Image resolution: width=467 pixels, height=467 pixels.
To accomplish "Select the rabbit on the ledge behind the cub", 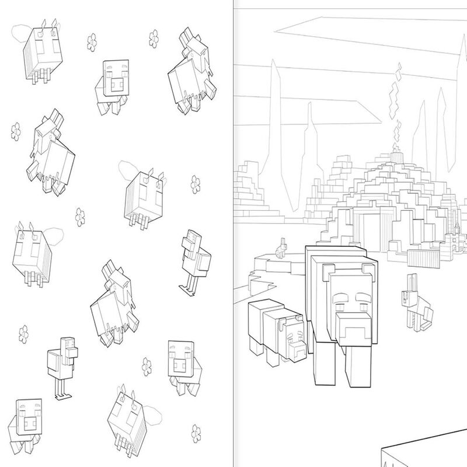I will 281,249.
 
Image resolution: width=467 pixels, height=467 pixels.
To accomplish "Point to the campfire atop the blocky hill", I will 399,153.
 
